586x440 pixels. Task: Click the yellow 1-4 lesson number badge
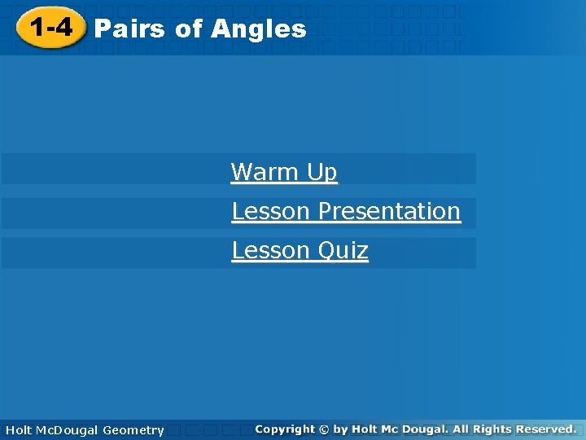[x=51, y=28]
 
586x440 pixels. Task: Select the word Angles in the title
[x=258, y=29]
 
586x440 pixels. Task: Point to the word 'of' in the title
[x=188, y=29]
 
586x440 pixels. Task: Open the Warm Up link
[x=283, y=172]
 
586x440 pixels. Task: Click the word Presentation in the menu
[x=389, y=211]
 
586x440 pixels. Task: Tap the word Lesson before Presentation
[x=272, y=211]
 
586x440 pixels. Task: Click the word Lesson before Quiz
[x=272, y=250]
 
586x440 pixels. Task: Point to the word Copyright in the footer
[x=284, y=429]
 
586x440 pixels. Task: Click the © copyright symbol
[x=324, y=429]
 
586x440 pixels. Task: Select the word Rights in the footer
[x=496, y=429]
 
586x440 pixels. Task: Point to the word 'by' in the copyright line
[x=340, y=429]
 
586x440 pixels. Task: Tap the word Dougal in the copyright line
[x=422, y=429]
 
